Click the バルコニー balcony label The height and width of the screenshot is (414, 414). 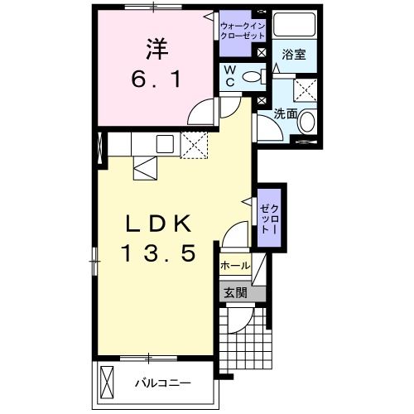click(164, 383)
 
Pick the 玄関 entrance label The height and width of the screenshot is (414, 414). click(234, 292)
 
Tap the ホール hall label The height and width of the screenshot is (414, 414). click(235, 267)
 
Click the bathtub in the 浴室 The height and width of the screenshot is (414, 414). click(293, 26)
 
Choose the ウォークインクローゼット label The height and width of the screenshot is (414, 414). click(242, 30)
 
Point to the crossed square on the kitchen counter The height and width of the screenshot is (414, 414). click(196, 144)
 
